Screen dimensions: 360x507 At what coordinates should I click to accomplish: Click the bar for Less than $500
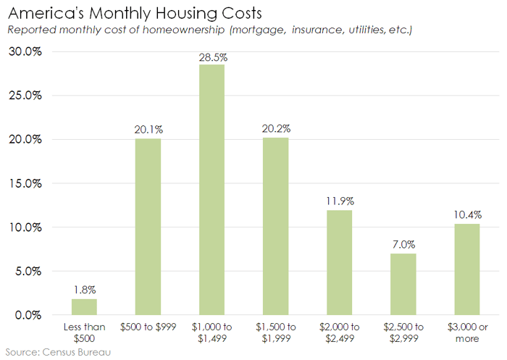pos(84,307)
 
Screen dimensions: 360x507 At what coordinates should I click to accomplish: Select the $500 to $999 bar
pos(148,227)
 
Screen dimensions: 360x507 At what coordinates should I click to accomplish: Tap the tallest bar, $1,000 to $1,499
pos(211,190)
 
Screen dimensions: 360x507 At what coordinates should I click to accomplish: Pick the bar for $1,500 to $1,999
pos(275,226)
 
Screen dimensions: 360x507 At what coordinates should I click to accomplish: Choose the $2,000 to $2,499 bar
pos(339,262)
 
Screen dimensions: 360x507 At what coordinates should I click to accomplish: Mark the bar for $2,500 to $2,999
pos(403,284)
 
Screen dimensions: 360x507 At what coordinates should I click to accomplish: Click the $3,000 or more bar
pos(466,269)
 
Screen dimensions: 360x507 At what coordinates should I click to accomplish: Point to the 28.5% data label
pos(211,56)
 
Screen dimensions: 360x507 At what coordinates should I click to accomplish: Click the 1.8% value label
pos(84,290)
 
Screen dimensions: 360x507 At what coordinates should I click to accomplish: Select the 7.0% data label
pos(403,246)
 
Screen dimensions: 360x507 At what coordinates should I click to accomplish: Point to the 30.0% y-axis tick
pos(25,52)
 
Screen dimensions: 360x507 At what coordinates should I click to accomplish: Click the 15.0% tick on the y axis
pos(25,183)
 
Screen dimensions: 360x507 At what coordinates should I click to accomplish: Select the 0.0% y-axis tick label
pos(28,315)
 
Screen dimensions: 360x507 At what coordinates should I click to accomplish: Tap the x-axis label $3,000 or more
pos(466,332)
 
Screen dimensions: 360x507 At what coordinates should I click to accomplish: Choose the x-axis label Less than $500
pos(84,332)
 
